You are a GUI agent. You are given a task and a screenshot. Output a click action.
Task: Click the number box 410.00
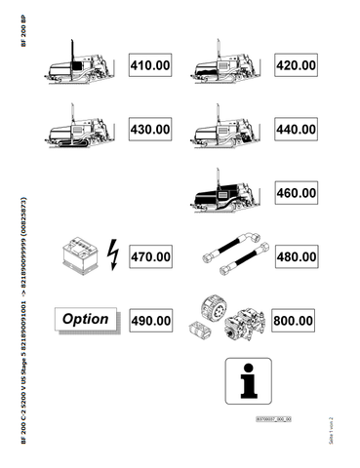click(x=151, y=65)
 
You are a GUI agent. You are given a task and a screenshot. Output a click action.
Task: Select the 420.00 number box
click(x=295, y=65)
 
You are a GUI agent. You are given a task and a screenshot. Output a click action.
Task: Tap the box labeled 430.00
click(x=151, y=129)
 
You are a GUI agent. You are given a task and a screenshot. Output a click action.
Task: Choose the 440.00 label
click(x=295, y=129)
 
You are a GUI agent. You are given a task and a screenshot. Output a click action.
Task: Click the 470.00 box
click(x=151, y=256)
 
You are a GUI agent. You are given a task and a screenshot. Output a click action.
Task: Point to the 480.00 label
click(x=295, y=256)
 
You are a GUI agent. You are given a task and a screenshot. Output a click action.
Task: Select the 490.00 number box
click(x=151, y=320)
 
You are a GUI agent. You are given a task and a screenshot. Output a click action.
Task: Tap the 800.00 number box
click(x=293, y=320)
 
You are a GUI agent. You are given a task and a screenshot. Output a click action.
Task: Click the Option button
click(x=86, y=320)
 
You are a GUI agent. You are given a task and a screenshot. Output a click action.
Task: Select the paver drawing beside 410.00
click(x=82, y=65)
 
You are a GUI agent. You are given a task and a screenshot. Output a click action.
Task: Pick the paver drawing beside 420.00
click(x=227, y=65)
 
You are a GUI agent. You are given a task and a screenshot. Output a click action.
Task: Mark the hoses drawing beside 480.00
click(x=229, y=256)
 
